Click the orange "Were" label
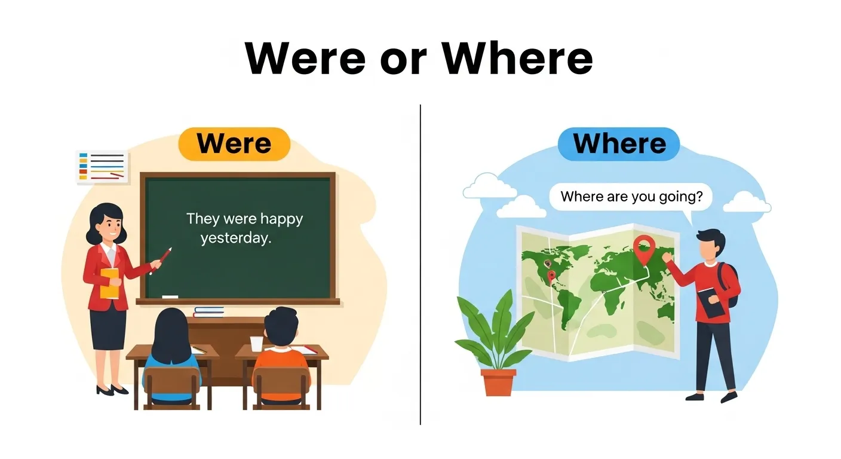click(234, 144)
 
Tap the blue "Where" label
click(619, 144)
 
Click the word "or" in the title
click(404, 57)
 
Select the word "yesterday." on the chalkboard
click(236, 238)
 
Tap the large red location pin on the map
click(643, 249)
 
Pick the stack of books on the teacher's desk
click(208, 311)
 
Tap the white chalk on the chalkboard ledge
click(170, 297)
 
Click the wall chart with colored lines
click(102, 167)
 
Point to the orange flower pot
click(498, 382)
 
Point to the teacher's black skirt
click(108, 329)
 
